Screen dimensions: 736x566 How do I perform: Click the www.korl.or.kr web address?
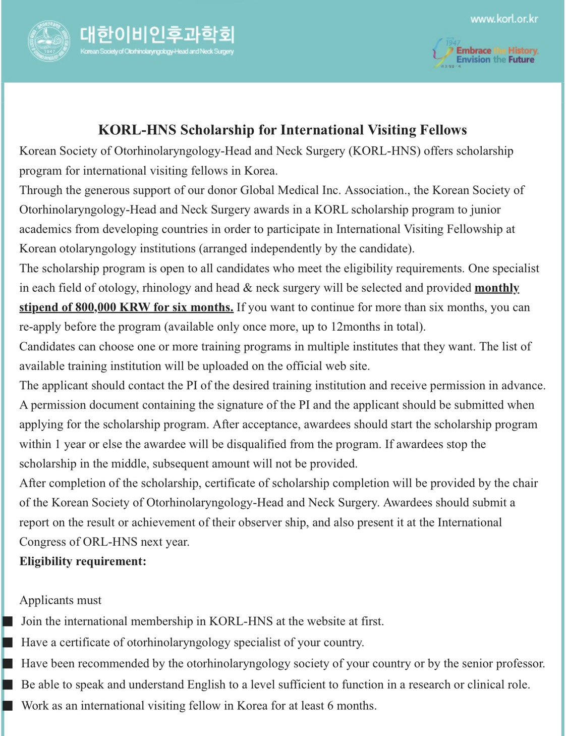(504, 19)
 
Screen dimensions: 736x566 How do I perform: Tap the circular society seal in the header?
(49, 41)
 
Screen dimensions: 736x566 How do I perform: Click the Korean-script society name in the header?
(157, 34)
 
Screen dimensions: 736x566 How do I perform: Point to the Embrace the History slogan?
(497, 50)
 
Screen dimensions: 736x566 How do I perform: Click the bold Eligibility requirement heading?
(83, 561)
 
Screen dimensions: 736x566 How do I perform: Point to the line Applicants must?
(60, 600)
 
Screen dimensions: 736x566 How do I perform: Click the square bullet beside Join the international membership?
(8, 621)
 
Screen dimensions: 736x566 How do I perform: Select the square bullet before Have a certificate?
(8, 643)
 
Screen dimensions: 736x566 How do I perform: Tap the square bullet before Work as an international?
(8, 706)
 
